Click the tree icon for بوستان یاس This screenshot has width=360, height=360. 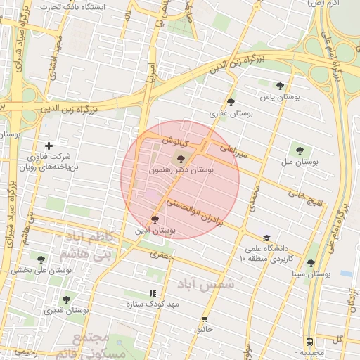[280, 86]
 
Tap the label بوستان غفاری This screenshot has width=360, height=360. [225, 112]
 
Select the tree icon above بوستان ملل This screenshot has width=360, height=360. [300, 150]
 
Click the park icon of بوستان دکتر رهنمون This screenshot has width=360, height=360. [182, 159]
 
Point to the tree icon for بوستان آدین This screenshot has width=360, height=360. [155, 219]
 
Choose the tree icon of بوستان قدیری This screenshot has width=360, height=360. [65, 300]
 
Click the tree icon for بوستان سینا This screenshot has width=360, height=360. [311, 263]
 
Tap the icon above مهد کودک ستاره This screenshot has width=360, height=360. [152, 293]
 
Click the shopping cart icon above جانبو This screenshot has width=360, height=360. [205, 318]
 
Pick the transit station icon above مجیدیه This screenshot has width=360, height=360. [310, 342]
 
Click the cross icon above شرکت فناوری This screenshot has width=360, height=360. [49, 146]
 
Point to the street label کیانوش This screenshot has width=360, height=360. [171, 141]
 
